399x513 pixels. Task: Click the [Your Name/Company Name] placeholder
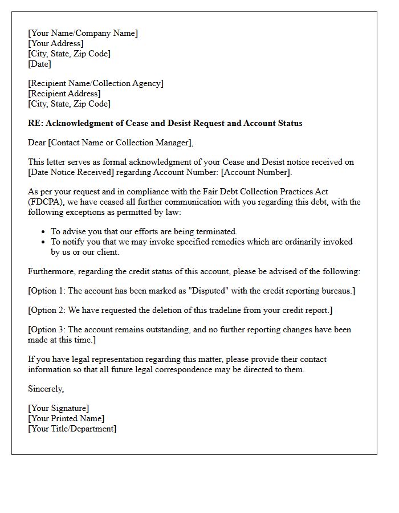point(83,33)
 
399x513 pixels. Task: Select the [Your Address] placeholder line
point(56,43)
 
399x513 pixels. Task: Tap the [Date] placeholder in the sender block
point(39,64)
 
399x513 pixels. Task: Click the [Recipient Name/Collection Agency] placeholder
point(96,83)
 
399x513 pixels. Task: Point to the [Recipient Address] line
point(64,93)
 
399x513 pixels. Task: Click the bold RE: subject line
point(165,123)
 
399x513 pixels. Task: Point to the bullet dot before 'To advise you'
point(44,232)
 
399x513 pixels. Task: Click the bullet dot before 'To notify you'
point(44,242)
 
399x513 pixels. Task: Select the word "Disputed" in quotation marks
point(207,291)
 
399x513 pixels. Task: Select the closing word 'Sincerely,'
point(46,389)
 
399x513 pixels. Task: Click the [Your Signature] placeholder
point(59,408)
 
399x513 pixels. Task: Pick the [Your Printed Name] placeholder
point(66,418)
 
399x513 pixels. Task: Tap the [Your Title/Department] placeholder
point(72,429)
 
